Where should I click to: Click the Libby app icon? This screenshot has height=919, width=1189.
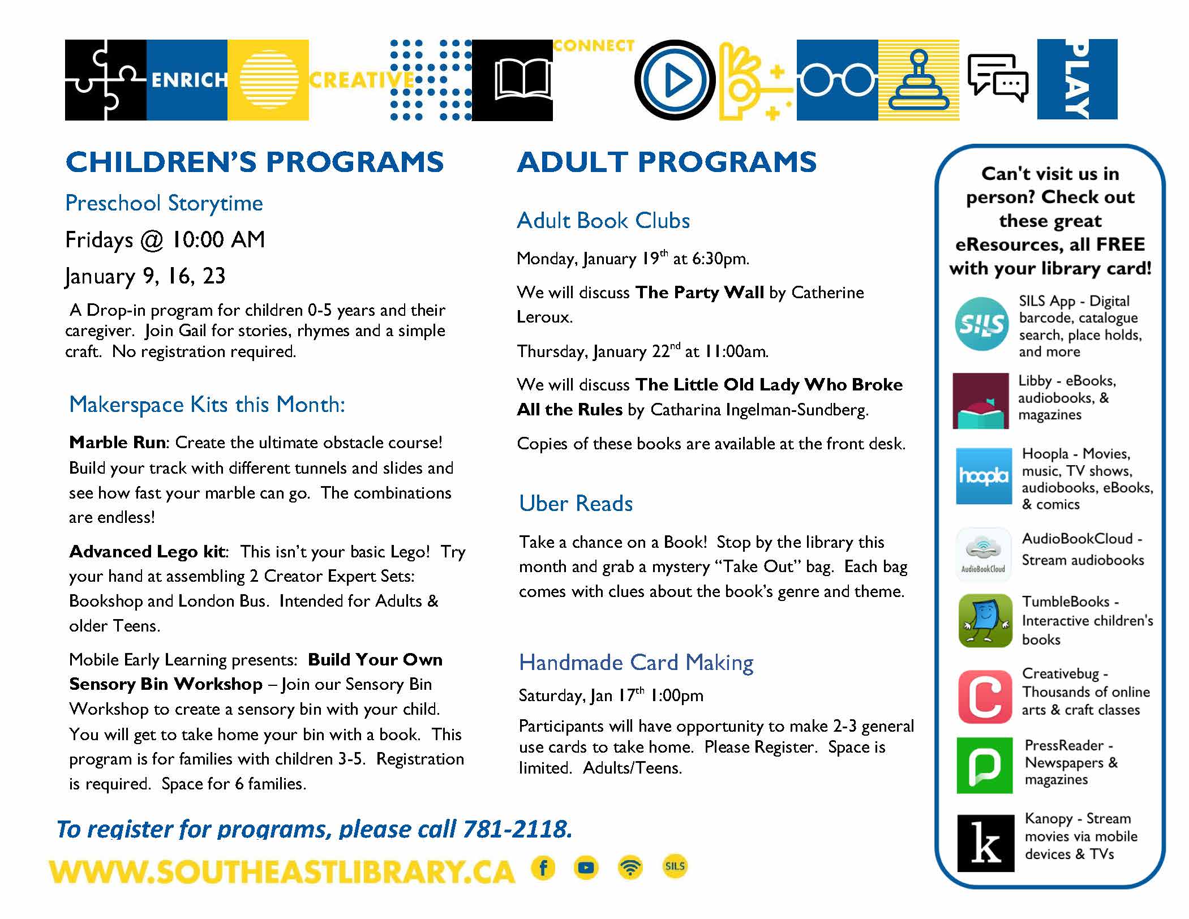pos(980,401)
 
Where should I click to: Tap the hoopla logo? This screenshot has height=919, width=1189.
pos(984,476)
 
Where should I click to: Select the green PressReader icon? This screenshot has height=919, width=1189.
pos(984,765)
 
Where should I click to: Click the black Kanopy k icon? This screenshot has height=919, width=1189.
pos(985,843)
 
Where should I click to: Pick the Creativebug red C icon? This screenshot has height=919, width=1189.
pos(985,697)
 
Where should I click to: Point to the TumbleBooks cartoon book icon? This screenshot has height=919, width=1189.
pos(985,621)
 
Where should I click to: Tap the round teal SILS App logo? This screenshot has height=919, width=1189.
pos(981,324)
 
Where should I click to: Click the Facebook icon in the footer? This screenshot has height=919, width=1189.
pos(543,868)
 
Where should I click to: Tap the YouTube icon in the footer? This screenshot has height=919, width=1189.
pos(586,868)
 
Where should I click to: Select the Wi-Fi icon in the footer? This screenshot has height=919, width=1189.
pos(630,868)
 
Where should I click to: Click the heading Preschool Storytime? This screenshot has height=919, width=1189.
pos(164,203)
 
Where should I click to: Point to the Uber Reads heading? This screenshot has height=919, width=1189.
pos(576,504)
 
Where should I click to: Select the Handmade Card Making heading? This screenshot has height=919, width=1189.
pos(636,663)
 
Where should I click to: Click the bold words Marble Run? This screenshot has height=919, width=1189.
pos(117,443)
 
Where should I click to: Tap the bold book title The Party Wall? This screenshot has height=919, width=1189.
pos(699,293)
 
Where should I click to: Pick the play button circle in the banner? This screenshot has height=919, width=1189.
pos(675,80)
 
